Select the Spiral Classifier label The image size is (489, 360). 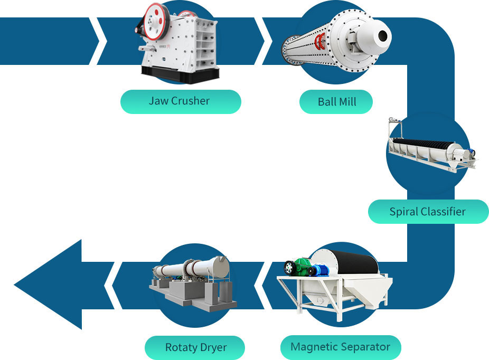(428, 212)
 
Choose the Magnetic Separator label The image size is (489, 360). (341, 347)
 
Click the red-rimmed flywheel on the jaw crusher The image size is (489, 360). (156, 21)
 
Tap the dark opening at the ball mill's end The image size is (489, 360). (383, 35)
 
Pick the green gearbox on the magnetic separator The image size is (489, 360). (302, 266)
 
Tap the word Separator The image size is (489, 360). (365, 347)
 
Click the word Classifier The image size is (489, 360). (443, 212)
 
